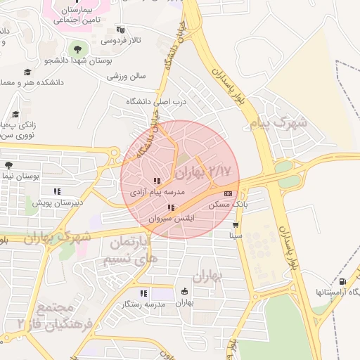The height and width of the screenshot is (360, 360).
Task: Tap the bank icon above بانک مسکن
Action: coord(227,193)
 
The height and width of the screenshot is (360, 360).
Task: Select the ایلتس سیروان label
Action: coord(172,219)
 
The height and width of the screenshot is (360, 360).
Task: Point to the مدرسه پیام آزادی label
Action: coord(157,191)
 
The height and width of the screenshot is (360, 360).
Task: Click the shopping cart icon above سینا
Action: coord(236,226)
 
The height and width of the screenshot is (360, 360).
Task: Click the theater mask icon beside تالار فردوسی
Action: coord(120,30)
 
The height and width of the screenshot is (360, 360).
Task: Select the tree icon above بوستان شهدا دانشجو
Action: coord(77,49)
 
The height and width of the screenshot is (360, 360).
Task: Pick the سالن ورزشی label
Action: coord(127,75)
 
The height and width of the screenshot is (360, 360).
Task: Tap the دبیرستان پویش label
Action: coord(58,202)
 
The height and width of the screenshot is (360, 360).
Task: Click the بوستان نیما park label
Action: coord(20,175)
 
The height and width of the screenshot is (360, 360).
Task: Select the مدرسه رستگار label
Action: coord(143,304)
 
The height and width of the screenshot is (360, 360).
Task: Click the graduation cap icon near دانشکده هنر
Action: coord(27,72)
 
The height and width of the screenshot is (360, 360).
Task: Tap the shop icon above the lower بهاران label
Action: coord(184,292)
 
